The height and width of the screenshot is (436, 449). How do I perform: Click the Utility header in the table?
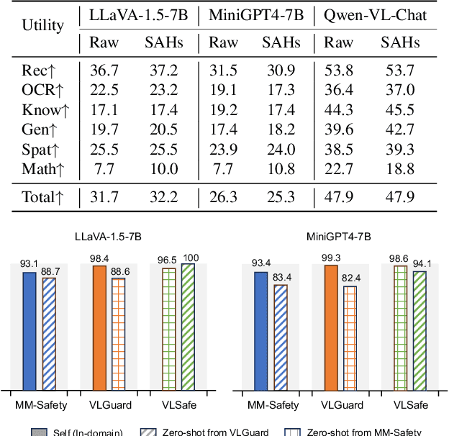pyautogui.click(x=43, y=27)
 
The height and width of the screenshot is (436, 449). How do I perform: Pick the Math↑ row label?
pyautogui.click(x=45, y=169)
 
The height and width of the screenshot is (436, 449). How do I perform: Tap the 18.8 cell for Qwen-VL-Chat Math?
pyautogui.click(x=400, y=169)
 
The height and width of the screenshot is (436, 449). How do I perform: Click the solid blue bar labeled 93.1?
pyautogui.click(x=30, y=331)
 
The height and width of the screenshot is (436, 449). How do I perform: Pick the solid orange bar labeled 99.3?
pyautogui.click(x=332, y=327)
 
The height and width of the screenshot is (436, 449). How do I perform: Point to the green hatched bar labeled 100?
pyautogui.click(x=187, y=327)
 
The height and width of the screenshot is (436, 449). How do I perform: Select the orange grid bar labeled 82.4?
pyautogui.click(x=350, y=338)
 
